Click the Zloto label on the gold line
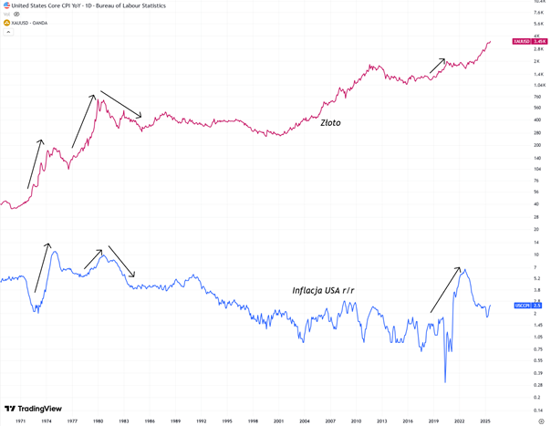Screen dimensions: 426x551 click(x=330, y=122)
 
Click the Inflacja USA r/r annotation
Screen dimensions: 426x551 click(x=324, y=290)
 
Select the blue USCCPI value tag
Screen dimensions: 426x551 click(x=525, y=305)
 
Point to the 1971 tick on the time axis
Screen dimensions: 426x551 click(x=21, y=421)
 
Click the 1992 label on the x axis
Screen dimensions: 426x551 click(x=202, y=421)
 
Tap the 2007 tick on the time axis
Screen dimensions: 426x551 click(x=330, y=421)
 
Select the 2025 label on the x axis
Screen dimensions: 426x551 click(x=484, y=421)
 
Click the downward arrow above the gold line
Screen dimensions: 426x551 click(x=121, y=103)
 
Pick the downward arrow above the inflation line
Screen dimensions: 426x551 click(x=121, y=260)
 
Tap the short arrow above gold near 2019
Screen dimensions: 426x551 click(x=438, y=66)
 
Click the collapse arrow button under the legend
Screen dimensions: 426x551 click(x=8, y=32)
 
